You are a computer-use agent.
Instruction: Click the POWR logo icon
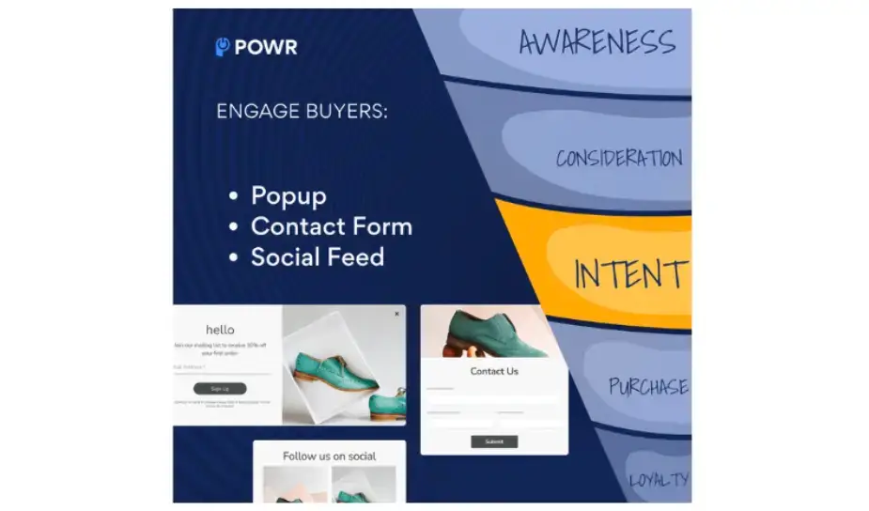pyautogui.click(x=223, y=47)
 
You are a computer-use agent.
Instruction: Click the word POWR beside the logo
pyautogui.click(x=266, y=47)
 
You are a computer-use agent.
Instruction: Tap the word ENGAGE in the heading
pyautogui.click(x=251, y=111)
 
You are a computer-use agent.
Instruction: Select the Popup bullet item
pyautogui.click(x=288, y=195)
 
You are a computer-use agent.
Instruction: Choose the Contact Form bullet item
pyautogui.click(x=331, y=226)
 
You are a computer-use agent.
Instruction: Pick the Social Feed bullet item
pyautogui.click(x=317, y=256)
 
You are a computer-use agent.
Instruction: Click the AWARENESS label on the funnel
pyautogui.click(x=597, y=41)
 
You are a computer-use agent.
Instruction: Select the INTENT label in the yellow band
pyautogui.click(x=629, y=274)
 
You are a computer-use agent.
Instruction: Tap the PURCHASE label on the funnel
pyautogui.click(x=648, y=386)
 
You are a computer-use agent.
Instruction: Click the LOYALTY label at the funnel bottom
pyautogui.click(x=659, y=480)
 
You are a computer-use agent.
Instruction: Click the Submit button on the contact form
pyautogui.click(x=494, y=441)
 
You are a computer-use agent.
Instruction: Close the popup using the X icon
pyautogui.click(x=396, y=314)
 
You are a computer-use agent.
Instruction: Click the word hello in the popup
pyautogui.click(x=220, y=330)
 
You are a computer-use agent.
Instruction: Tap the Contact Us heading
pyautogui.click(x=493, y=371)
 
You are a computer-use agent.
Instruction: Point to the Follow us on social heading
pyautogui.click(x=329, y=457)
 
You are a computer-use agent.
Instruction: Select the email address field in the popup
pyautogui.click(x=220, y=368)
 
